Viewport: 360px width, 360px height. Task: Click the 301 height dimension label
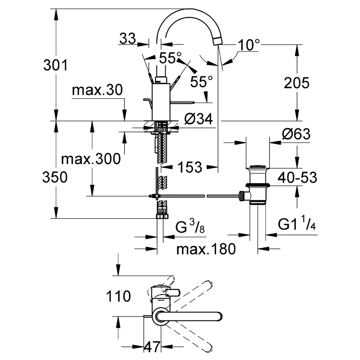point(55,65)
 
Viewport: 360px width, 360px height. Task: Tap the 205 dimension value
point(296,83)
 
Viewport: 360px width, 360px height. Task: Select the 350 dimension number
point(55,177)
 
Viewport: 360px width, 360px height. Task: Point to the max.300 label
point(91,159)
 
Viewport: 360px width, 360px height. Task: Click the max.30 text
point(97,90)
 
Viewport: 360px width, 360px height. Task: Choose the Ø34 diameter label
point(199,119)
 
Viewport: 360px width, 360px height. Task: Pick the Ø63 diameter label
point(296,134)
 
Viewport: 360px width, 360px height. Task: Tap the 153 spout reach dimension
point(190,167)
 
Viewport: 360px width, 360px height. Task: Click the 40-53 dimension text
point(297,177)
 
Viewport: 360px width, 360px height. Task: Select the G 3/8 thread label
point(190,226)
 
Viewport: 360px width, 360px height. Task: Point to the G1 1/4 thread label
point(297,224)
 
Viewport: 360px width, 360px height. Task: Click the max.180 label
point(206,249)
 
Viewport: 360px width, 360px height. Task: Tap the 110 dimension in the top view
point(118,296)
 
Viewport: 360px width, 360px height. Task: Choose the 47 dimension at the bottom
point(152,347)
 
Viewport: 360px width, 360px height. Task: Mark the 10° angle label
point(249,45)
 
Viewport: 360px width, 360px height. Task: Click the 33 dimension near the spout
point(128,39)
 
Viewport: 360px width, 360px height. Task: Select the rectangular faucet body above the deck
point(161,102)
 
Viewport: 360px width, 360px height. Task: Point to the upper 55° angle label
point(170,58)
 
